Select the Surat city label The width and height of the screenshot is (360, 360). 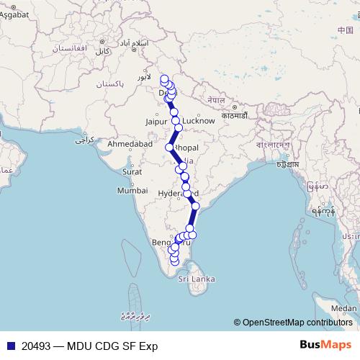click(131, 172)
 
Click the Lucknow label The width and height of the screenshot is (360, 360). click(199, 121)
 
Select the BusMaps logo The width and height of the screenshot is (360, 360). click(326, 345)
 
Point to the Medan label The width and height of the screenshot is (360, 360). click(344, 309)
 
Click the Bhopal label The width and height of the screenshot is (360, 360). click(185, 148)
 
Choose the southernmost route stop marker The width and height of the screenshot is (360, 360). click(174, 262)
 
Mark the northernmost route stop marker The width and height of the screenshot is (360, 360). click(164, 79)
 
